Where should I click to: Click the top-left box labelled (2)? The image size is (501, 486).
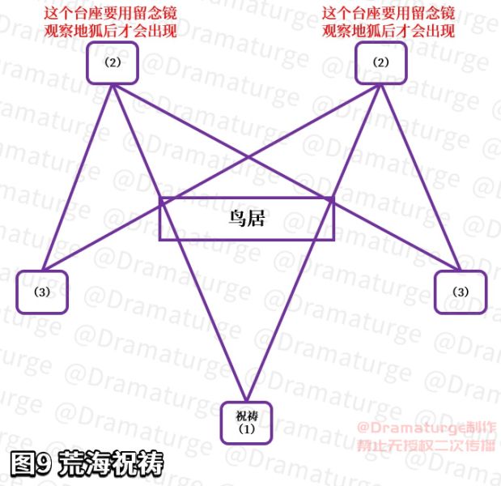point(113,62)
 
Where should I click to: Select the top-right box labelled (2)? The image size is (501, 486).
point(380,62)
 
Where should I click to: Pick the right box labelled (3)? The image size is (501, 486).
point(460,292)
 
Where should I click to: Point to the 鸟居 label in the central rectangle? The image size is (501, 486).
point(246,218)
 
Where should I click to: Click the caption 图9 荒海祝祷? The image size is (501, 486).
point(87,463)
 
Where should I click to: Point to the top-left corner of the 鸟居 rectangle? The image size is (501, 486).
point(160,198)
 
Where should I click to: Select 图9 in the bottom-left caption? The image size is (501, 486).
point(32,463)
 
